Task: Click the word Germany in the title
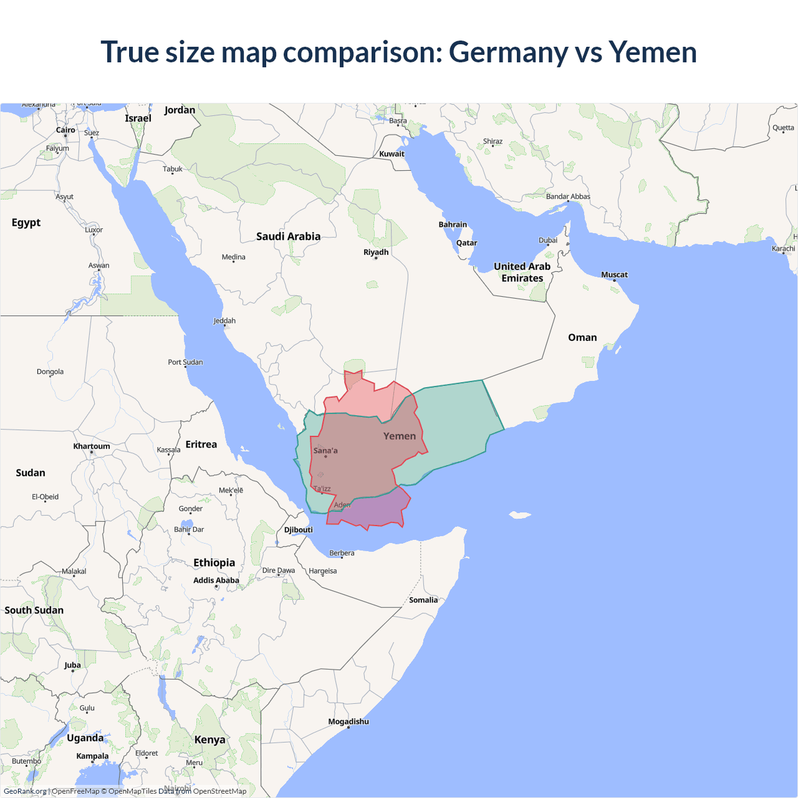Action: [508, 52]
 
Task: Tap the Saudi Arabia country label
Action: [288, 236]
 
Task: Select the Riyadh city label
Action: [376, 252]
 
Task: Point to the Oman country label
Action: [582, 337]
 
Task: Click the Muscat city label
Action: [614, 275]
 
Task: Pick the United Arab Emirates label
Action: [522, 272]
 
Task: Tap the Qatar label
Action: [466, 243]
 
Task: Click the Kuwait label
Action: [392, 154]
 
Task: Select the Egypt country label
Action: [26, 223]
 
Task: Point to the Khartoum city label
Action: [92, 446]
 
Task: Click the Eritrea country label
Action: [201, 445]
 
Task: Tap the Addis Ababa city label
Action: [216, 580]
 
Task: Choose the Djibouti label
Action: [299, 530]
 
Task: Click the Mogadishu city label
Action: [349, 722]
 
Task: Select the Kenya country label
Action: [209, 740]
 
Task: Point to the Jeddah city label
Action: [224, 321]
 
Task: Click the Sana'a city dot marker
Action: [325, 456]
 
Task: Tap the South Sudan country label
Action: [34, 610]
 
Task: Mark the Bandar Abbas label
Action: [568, 197]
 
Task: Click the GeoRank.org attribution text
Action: [25, 791]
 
